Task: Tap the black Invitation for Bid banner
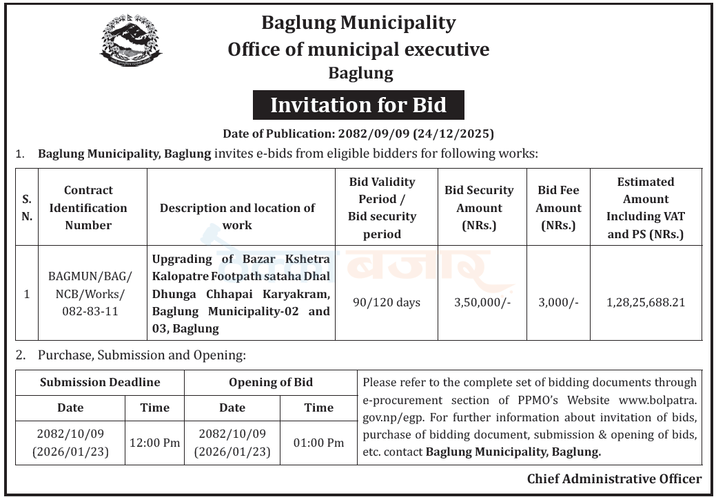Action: pos(358,105)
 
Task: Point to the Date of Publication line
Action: pos(358,134)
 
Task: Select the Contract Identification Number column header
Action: pos(88,207)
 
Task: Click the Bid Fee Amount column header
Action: pos(558,207)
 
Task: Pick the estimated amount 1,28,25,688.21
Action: pos(646,302)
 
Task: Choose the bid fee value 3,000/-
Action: pos(558,302)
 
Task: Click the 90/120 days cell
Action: pos(386,302)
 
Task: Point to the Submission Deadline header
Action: pos(100,382)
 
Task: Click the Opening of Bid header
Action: pos(271,382)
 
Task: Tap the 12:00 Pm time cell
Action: pos(154,443)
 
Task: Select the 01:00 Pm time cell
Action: pos(318,443)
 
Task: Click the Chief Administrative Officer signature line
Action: pos(614,479)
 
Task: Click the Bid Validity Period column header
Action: pos(382,207)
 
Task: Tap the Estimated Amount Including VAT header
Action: pos(646,207)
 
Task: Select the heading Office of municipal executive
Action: pos(358,50)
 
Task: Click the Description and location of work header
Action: pos(237,216)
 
